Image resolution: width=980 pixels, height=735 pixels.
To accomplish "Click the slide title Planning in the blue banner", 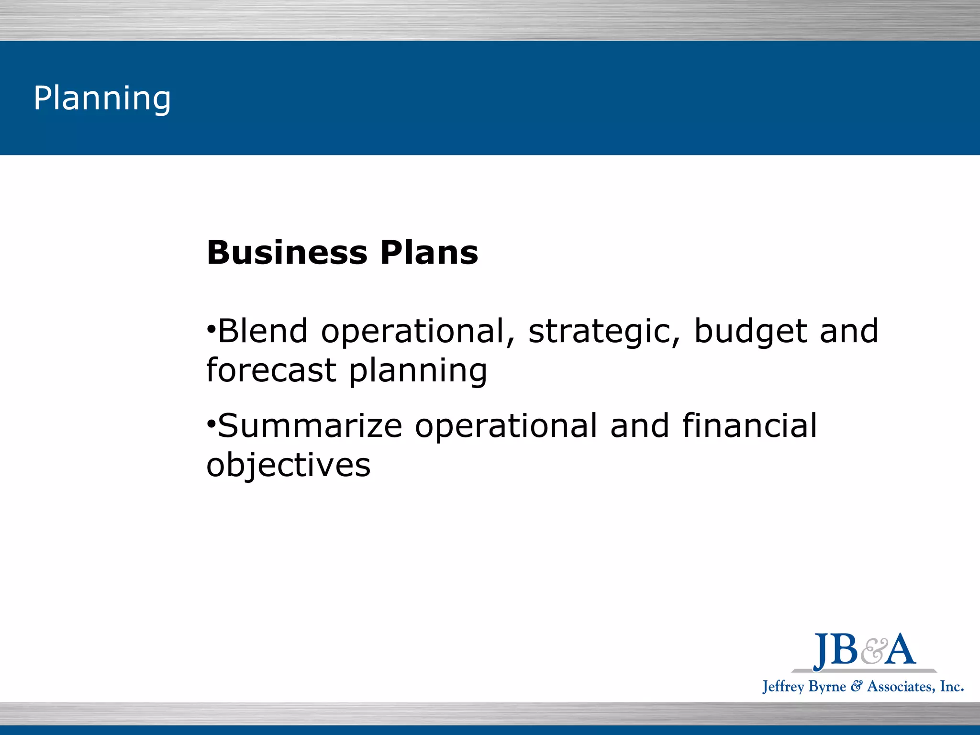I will pos(102,98).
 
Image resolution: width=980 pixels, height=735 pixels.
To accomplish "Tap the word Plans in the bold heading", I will pos(429,253).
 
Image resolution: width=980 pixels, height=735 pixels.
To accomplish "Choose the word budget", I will pos(750,332).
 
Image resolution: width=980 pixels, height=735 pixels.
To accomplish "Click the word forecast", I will pos(271,370).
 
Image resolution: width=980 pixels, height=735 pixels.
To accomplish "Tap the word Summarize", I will pos(310,426).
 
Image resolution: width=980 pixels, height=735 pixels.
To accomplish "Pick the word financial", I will pos(749,425).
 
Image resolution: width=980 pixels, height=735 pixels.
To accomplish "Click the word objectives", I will pos(288,466).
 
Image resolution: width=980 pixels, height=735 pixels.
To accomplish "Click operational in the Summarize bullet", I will pos(506,426).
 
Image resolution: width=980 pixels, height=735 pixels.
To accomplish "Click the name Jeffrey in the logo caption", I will pos(783,687).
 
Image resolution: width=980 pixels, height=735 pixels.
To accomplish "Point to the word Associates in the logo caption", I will pos(900,687).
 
